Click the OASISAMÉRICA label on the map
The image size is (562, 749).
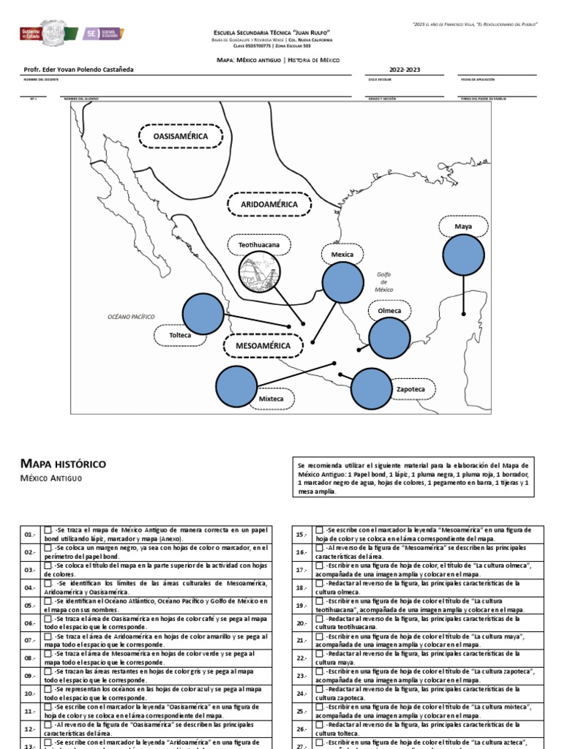(181, 137)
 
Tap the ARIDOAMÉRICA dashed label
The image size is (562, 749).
(269, 205)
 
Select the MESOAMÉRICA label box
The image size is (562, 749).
(262, 345)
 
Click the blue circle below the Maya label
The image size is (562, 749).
(464, 255)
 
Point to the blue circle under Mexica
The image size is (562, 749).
(343, 283)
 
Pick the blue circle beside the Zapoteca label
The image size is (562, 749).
(372, 389)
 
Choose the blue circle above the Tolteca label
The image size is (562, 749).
(203, 312)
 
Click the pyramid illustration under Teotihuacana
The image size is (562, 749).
(259, 273)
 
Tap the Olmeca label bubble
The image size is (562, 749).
(389, 311)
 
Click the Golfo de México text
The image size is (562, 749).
(384, 282)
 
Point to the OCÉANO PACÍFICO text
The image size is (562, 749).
(131, 316)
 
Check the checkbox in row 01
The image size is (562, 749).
(48, 530)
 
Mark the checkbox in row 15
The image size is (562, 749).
(319, 530)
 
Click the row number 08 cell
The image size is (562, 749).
(29, 658)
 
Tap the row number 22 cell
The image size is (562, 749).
(300, 658)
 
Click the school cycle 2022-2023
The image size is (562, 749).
(404, 70)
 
